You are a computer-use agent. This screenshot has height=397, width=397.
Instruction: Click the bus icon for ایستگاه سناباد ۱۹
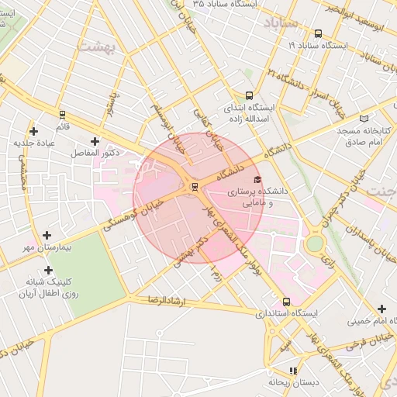(319, 33)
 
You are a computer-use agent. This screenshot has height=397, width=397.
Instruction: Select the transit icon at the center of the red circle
(194, 185)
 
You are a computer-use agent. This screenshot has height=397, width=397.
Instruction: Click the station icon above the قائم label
(61, 114)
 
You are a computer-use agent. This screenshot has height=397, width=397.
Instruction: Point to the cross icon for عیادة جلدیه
(33, 131)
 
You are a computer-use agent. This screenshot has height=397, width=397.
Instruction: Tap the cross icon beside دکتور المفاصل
(95, 141)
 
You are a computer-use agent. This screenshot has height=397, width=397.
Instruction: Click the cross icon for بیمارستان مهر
(47, 234)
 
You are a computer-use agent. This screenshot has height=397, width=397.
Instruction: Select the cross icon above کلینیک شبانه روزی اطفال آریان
(49, 270)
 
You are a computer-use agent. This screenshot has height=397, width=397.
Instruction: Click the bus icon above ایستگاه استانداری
(287, 302)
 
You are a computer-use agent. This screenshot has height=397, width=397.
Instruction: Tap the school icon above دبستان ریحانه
(293, 371)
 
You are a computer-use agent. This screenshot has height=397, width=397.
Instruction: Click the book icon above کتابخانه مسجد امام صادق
(382, 116)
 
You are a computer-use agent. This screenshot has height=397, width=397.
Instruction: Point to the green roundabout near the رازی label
(314, 243)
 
